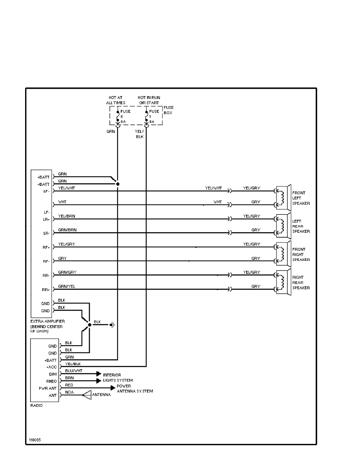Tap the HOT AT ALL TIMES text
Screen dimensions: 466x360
[x=115, y=100]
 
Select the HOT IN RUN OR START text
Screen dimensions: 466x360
[x=148, y=100]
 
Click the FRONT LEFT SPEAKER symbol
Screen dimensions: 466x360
[x=283, y=198]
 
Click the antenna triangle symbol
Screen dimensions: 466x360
[x=86, y=395]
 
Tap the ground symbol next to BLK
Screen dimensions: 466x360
[x=113, y=324]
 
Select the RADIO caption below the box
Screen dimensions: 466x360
[x=36, y=405]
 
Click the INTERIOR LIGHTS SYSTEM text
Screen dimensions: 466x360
[x=117, y=378]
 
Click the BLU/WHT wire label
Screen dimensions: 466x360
[x=73, y=370]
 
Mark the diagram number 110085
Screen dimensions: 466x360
[x=34, y=440]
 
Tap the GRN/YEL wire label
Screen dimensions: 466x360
[x=66, y=286]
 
